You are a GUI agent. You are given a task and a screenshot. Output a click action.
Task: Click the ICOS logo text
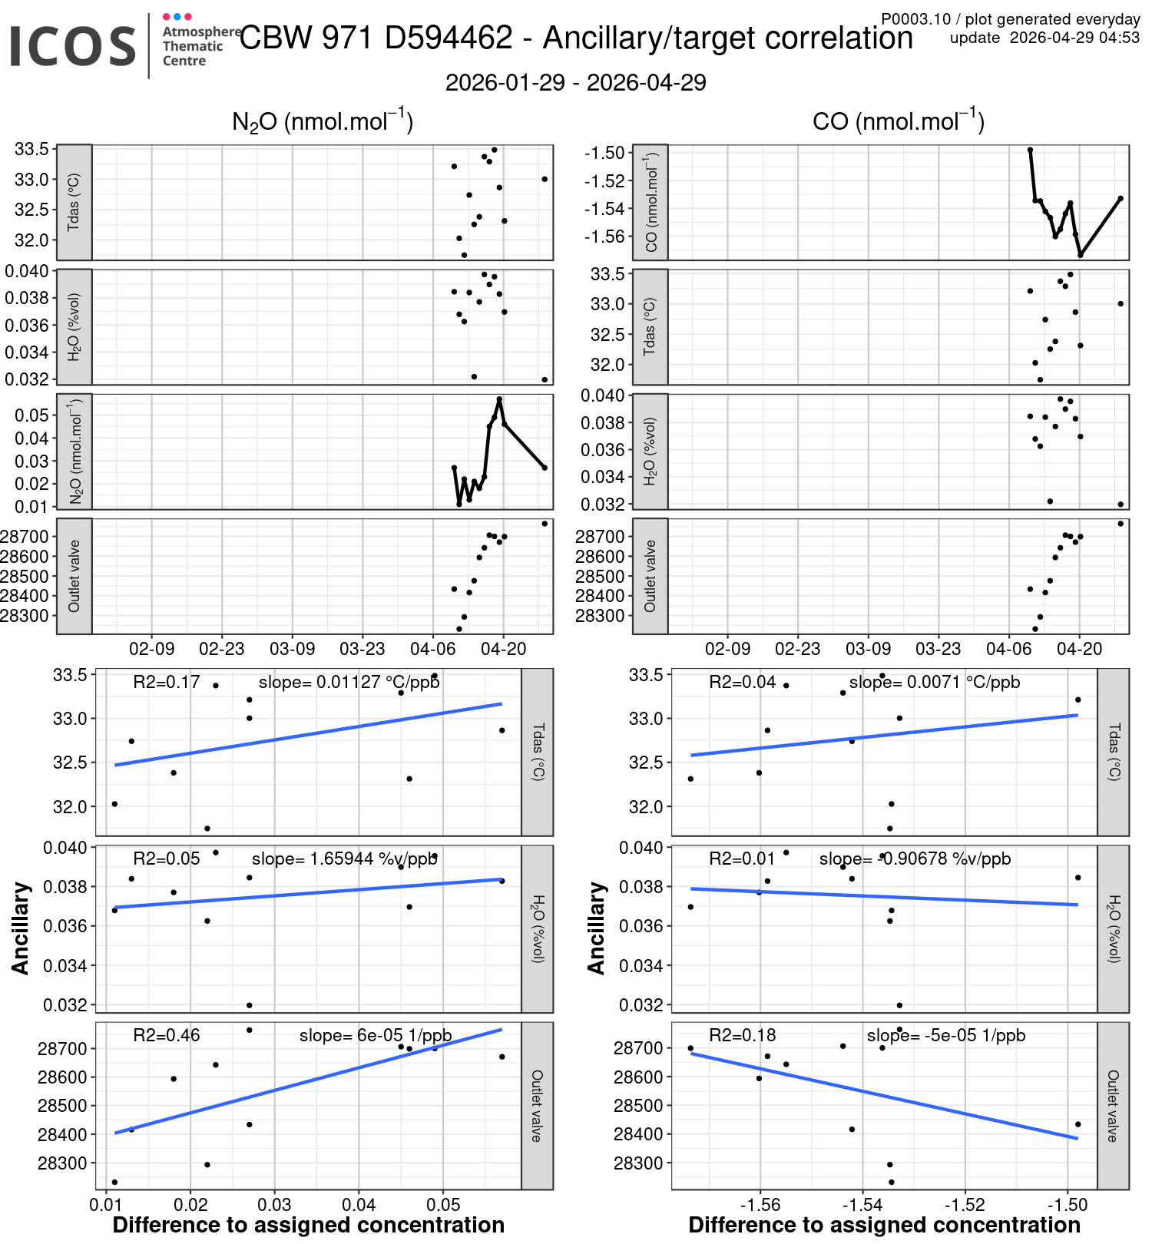[73, 46]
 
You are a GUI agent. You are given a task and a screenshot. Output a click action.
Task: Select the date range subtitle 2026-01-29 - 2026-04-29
[575, 83]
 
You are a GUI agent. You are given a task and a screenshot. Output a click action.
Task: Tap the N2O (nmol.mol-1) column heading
[323, 121]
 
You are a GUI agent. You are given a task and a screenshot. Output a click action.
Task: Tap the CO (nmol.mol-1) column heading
[898, 121]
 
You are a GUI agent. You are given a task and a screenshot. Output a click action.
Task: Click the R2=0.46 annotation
[166, 1035]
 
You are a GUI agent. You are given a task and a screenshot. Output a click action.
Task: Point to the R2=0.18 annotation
[742, 1035]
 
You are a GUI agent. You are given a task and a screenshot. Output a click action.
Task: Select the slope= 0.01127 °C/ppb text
[349, 682]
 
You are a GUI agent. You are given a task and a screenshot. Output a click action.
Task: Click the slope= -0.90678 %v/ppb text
[915, 859]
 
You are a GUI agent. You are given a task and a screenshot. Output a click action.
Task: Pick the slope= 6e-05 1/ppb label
[375, 1035]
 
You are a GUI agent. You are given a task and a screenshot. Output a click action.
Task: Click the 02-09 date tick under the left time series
[151, 649]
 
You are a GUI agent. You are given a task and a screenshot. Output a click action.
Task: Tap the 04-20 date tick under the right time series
[1079, 649]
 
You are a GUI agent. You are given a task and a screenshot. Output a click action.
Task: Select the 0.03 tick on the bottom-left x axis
[274, 1204]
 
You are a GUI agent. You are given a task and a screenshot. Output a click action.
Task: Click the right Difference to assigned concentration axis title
[884, 1225]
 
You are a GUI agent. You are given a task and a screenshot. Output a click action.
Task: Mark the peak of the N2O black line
[499, 399]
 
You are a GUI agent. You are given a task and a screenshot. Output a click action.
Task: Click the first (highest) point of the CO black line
[1030, 150]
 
